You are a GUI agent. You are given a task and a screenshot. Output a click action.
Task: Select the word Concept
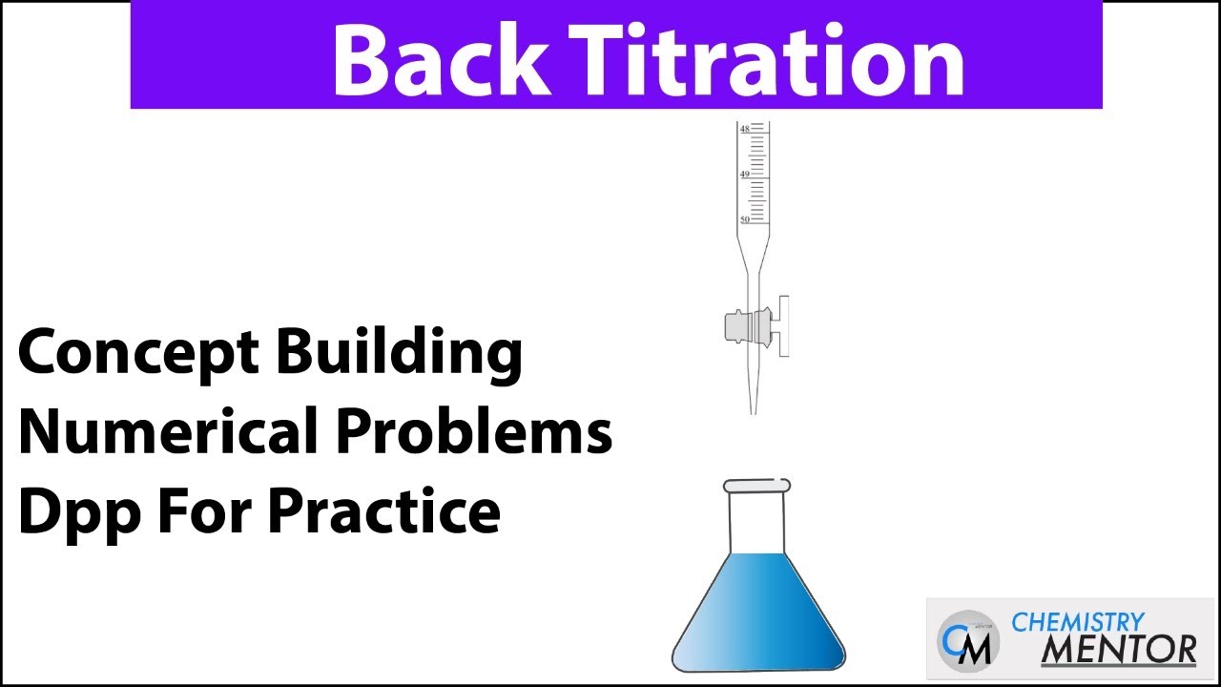pyautogui.click(x=137, y=354)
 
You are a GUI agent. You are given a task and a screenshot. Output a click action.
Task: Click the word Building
pyautogui.click(x=399, y=354)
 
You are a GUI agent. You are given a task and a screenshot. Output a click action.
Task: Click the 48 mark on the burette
pyautogui.click(x=745, y=128)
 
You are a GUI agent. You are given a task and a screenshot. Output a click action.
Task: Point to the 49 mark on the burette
pyautogui.click(x=745, y=175)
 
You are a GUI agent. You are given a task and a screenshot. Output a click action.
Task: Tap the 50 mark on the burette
pyautogui.click(x=745, y=219)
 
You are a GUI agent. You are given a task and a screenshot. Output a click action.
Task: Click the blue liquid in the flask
pyautogui.click(x=758, y=611)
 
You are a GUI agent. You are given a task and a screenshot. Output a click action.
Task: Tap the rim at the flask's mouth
pyautogui.click(x=757, y=486)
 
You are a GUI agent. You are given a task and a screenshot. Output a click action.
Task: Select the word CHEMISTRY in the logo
pyautogui.click(x=1077, y=622)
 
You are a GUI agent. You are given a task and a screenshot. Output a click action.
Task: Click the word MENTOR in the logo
pyautogui.click(x=1117, y=649)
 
